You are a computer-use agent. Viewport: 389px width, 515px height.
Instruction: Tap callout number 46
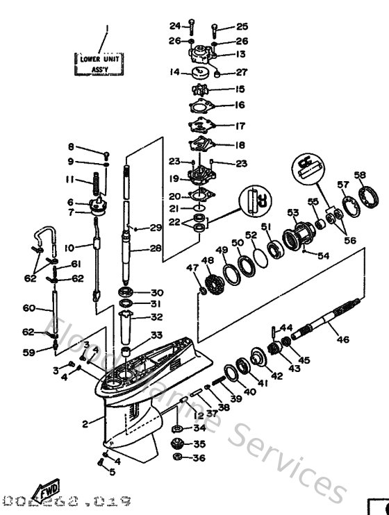pyautogui.click(x=343, y=339)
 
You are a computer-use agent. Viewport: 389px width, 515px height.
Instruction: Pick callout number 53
pyautogui.click(x=292, y=212)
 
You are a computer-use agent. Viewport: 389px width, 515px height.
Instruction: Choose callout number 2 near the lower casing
pyautogui.click(x=85, y=423)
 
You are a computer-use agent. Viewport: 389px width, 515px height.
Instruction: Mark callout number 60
pyautogui.click(x=28, y=307)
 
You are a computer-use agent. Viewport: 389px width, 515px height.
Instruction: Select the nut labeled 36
pyautogui.click(x=179, y=457)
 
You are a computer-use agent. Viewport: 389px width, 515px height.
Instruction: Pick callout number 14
pyautogui.click(x=175, y=71)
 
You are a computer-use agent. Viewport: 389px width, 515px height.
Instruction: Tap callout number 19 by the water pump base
pyautogui.click(x=175, y=179)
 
